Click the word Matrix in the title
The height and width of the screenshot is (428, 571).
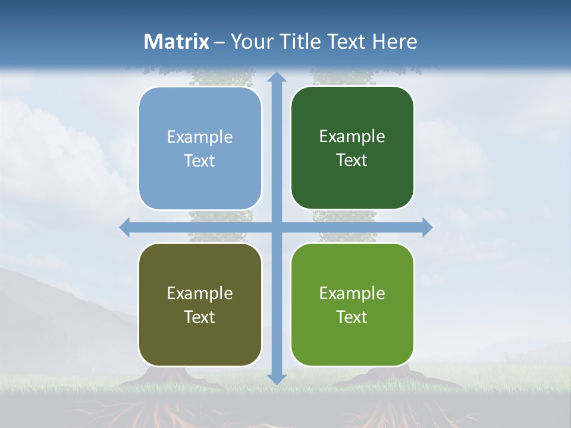[177, 42]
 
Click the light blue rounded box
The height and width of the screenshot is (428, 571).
[200, 149]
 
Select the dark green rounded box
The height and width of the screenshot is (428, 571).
[352, 148]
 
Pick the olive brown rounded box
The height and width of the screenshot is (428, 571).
[200, 304]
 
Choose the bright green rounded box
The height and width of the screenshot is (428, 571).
[352, 304]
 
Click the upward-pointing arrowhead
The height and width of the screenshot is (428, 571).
[277, 78]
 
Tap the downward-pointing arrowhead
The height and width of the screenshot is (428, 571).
[277, 378]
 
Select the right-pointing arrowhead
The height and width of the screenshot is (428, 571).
[426, 227]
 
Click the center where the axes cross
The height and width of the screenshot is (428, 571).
[277, 227]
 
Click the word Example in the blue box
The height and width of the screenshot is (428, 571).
[200, 137]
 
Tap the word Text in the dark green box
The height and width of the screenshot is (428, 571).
[352, 160]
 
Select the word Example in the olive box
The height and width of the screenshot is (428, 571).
[200, 293]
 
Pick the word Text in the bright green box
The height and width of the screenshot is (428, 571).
[352, 317]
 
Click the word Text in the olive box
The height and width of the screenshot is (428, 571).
[200, 317]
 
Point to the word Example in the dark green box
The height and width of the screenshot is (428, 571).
[352, 137]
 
